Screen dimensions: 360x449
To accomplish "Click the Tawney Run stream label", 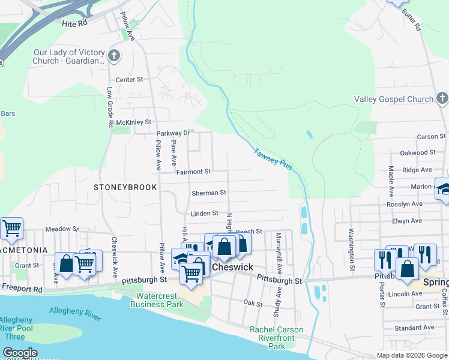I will point(273,159).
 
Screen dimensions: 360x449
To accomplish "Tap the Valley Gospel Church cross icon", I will point(441,98).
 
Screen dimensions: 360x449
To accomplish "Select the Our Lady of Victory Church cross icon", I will point(114,56).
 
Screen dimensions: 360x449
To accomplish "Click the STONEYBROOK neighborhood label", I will point(125,187).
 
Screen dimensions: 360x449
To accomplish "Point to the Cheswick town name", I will point(232,266).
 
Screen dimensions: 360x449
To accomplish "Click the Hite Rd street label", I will point(74,23).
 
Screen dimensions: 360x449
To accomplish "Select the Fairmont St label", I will point(193,172).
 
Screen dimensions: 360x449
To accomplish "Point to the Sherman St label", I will point(208,193).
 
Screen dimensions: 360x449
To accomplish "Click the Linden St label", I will point(204,214).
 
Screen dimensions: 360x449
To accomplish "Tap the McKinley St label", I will point(133,122).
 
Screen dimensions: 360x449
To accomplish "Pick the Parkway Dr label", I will point(173,133).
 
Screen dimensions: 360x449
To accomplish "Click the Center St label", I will point(129,79).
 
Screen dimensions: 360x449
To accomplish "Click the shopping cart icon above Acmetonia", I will point(11,228).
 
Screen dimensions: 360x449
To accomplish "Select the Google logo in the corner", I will point(20,353).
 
